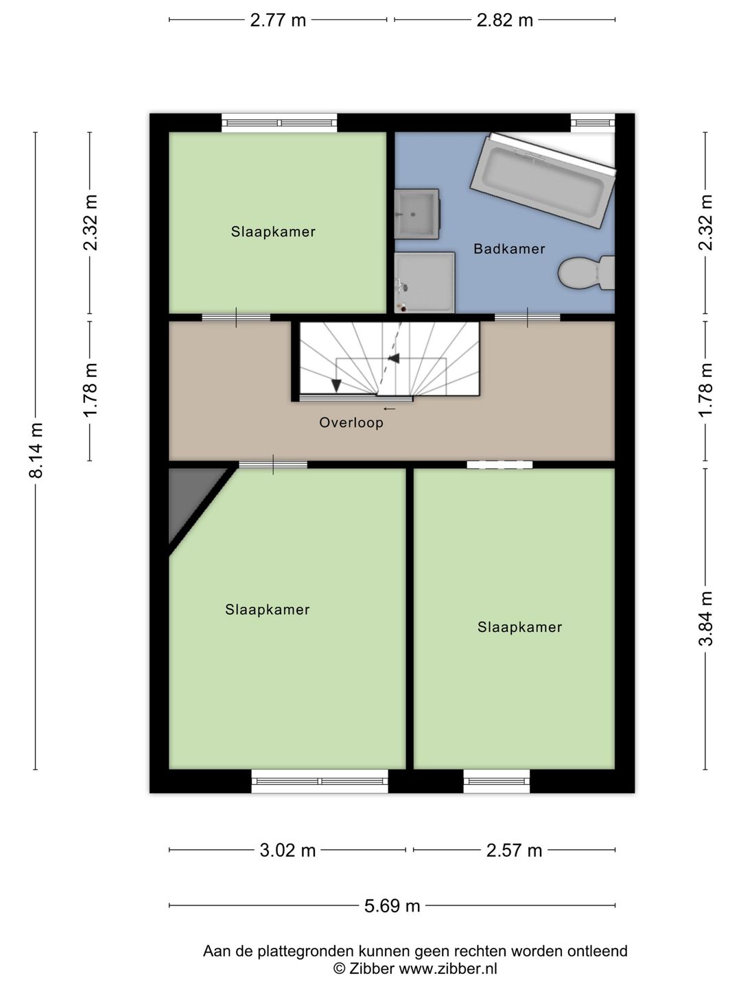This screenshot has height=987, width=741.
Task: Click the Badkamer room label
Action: tap(509, 249)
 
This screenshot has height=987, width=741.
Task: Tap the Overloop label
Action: tap(351, 422)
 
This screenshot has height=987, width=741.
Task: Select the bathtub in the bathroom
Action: tap(543, 181)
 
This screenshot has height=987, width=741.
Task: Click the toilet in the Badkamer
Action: tap(586, 273)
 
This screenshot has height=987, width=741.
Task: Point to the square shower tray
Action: tap(425, 282)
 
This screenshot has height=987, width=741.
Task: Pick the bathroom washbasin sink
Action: tap(416, 214)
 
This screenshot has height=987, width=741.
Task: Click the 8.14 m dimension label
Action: tap(36, 450)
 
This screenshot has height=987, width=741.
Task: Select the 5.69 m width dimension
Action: tap(392, 905)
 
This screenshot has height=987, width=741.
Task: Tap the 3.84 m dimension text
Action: tap(705, 618)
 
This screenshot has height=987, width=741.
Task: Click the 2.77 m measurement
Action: tap(278, 21)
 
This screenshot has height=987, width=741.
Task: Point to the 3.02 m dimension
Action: tap(287, 851)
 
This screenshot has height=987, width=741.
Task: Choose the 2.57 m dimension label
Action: tap(514, 851)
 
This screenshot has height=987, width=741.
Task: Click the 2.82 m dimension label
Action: tap(505, 21)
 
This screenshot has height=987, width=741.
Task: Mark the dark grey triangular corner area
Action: tap(191, 499)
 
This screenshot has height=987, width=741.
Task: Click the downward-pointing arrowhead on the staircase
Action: tap(336, 385)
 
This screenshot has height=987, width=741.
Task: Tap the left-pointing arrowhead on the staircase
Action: tap(394, 358)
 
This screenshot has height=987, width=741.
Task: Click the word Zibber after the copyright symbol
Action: tap(372, 968)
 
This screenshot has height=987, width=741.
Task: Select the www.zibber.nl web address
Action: tap(448, 968)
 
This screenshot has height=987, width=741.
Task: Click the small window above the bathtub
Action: tap(593, 122)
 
